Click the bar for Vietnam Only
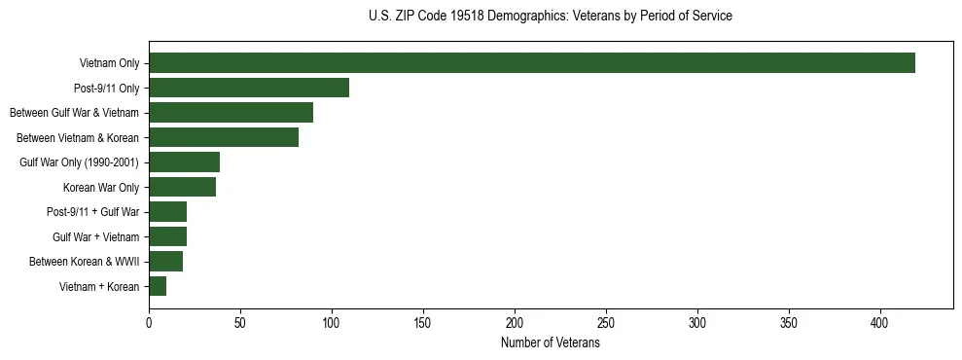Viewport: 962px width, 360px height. (532, 63)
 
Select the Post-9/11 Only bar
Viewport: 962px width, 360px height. (249, 88)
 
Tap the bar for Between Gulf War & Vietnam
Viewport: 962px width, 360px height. (231, 113)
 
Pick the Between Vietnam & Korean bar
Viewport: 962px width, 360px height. (224, 137)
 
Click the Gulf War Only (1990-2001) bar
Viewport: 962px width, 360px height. (185, 162)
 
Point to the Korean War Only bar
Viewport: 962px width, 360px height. (183, 187)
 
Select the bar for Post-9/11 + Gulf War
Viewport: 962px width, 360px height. (168, 212)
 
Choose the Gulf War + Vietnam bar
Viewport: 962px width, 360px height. (168, 236)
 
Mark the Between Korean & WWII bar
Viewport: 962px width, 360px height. (166, 262)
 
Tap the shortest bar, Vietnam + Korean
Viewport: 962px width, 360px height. (158, 286)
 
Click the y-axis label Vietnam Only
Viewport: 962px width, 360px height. (110, 64)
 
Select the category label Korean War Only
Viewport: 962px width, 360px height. (101, 188)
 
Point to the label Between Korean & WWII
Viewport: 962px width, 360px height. (85, 262)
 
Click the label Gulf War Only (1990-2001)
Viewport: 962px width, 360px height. (80, 162)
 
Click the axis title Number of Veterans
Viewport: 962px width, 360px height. (550, 343)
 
